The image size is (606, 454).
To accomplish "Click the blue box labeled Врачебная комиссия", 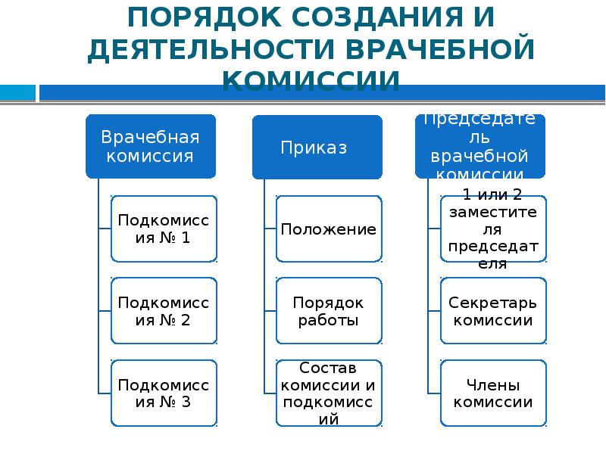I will [151, 146].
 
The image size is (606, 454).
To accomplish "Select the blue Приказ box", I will [317, 147].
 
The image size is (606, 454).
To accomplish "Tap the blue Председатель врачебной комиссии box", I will [480, 146].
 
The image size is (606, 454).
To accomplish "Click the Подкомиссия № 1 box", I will [164, 229].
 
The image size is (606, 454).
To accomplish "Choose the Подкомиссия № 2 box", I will [164, 310].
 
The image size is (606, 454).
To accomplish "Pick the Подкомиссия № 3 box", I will [164, 392].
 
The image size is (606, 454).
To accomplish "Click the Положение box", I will [329, 229].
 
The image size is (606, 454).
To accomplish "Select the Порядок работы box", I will [329, 310].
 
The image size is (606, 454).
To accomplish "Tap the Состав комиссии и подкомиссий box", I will [329, 392].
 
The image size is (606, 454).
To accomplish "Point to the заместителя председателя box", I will [492, 229].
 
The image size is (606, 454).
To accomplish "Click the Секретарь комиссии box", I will [492, 310].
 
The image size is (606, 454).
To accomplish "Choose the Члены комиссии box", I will [492, 392].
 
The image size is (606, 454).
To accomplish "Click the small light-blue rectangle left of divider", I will [17, 93].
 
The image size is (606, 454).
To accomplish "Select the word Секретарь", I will [492, 302].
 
